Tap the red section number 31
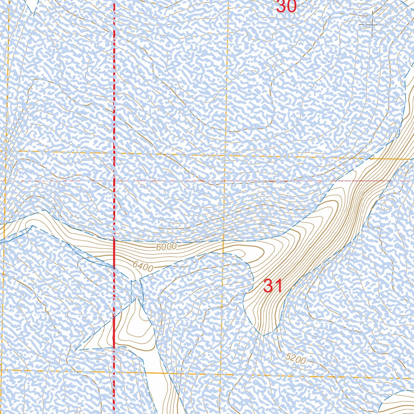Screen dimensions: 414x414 pos(272,286)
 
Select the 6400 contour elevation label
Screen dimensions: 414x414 pos(142,267)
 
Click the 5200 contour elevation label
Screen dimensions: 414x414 pos(296,358)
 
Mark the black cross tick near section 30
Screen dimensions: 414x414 pos(372,25)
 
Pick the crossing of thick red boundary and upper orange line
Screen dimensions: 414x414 pos(114,153)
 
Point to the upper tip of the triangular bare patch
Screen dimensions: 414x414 pos(137,298)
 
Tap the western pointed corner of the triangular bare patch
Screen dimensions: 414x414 pos(76,350)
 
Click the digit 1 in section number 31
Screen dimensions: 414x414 pos(278,286)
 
